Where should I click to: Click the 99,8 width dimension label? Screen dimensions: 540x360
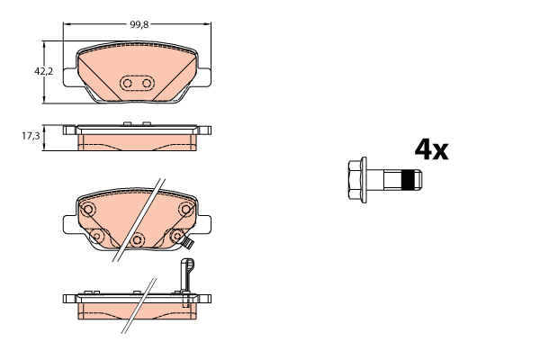139,24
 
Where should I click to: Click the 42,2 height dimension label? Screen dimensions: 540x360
44,72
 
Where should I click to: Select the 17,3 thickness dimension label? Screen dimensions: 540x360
31,136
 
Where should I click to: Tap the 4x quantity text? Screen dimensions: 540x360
431,149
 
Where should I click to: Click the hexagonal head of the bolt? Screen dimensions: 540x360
355,180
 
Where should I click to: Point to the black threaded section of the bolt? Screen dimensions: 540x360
409,180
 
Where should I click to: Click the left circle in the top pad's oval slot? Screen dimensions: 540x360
128,83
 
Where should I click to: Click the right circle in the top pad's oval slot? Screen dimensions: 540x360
147,83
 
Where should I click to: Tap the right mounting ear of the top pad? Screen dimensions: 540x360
204,77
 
